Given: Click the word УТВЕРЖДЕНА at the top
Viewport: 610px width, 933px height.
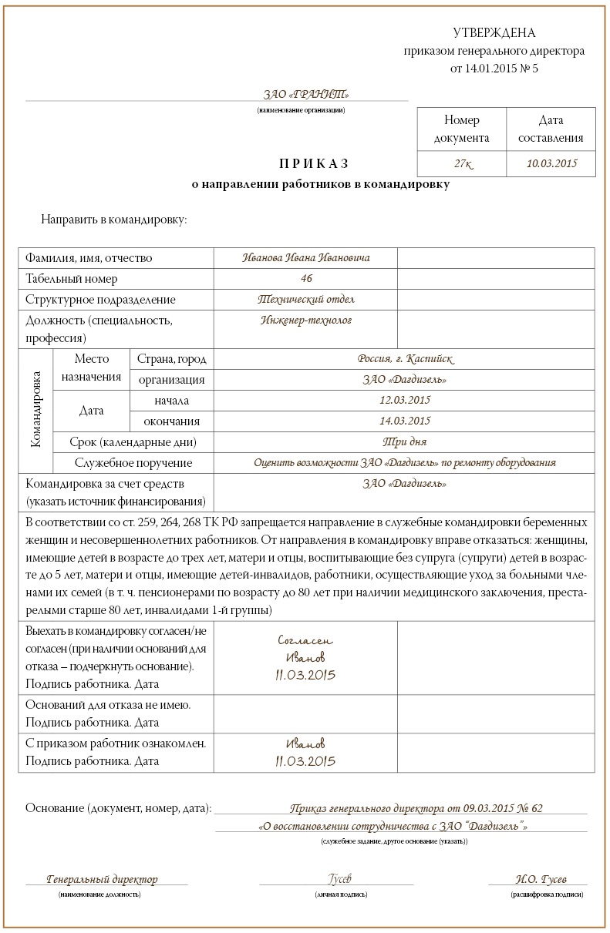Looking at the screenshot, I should (494, 32).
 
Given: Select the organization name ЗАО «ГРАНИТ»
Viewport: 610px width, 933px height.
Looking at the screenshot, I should (306, 95).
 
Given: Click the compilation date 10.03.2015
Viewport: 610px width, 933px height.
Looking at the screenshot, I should (551, 163).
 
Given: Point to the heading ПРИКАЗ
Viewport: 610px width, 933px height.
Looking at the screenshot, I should (314, 163).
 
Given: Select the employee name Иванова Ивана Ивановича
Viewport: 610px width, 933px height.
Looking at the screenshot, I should (306, 258).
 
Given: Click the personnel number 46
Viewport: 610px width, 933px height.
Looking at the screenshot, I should (307, 278).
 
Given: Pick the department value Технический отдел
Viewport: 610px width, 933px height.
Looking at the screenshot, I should (306, 299).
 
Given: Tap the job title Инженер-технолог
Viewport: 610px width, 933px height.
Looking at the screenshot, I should (306, 320).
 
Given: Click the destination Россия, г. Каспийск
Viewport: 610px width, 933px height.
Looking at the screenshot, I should (406, 359).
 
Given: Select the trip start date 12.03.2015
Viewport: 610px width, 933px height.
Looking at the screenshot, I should (405, 400).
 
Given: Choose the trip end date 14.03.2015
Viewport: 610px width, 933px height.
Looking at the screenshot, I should (405, 421).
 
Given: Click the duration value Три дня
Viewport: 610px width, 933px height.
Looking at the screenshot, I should (405, 441).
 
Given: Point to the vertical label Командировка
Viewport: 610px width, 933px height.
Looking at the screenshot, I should (35, 411).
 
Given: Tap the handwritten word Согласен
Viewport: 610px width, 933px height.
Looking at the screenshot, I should (305, 640).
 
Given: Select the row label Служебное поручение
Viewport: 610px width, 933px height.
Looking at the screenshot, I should (133, 463).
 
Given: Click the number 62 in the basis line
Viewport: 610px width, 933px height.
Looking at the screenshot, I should (537, 809).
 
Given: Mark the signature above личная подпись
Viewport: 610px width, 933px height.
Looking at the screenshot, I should (340, 879).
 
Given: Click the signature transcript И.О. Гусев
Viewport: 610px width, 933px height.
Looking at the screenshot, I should (541, 879).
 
